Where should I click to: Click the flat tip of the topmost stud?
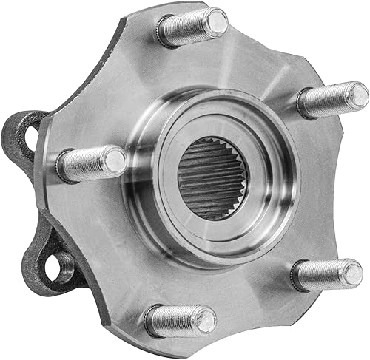(215, 22)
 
